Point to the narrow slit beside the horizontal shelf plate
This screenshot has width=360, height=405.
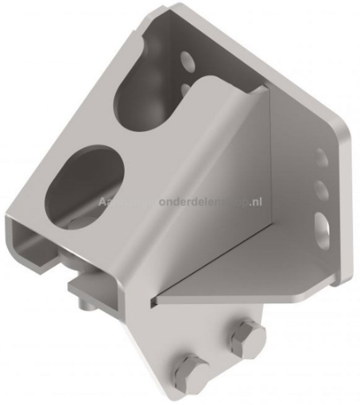[x=153, y=301]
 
